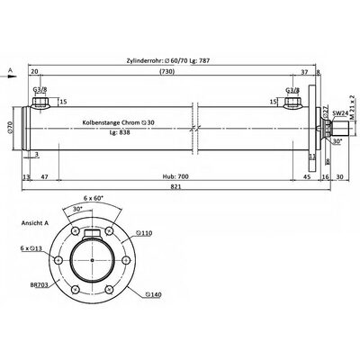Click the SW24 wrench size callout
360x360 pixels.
[339, 114]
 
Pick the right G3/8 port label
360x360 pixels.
[293, 90]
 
